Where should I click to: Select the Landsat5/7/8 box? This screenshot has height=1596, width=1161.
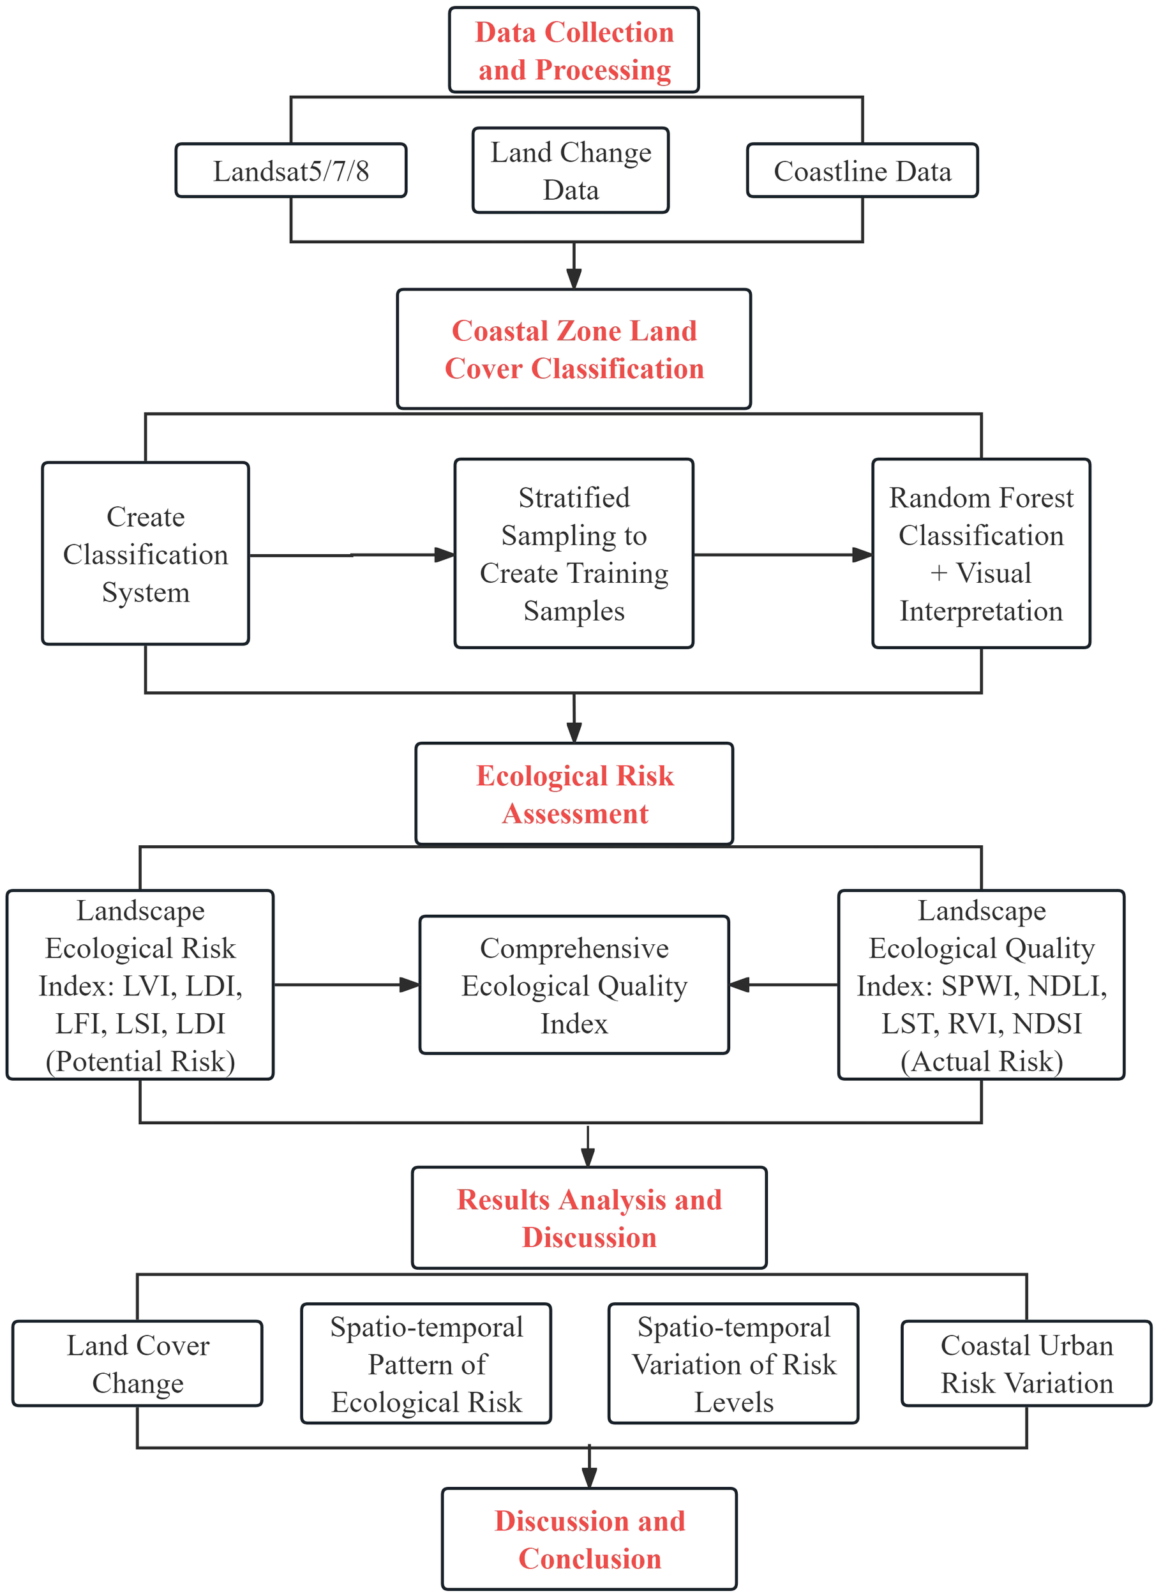(290, 171)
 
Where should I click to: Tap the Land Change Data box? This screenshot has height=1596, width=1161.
(571, 171)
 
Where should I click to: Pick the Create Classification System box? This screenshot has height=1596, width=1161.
(146, 555)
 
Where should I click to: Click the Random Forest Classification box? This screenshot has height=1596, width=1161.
(981, 555)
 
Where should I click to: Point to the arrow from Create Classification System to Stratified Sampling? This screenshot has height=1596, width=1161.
(352, 555)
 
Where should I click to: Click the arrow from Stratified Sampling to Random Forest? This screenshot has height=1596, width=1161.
(783, 555)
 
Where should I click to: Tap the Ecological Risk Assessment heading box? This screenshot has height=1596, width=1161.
(574, 794)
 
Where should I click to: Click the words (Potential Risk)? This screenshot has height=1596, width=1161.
(140, 1062)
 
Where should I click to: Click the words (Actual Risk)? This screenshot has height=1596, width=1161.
(982, 1062)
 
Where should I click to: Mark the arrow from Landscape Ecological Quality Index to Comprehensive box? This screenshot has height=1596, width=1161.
(783, 985)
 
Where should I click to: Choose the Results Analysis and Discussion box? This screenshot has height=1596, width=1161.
(589, 1219)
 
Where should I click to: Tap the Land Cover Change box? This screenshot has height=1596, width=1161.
(137, 1364)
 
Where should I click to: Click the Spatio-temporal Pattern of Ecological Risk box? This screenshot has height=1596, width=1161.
(426, 1364)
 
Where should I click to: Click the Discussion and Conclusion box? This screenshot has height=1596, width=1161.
(589, 1540)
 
